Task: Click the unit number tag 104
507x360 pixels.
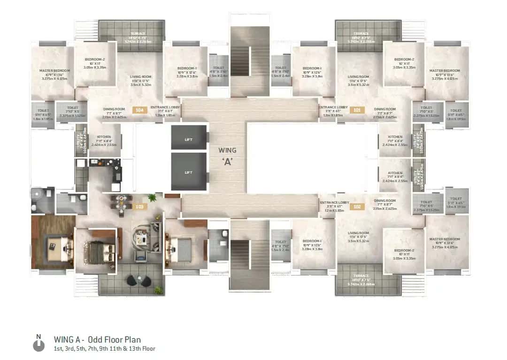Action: pos(140,110)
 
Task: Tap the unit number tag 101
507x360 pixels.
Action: pos(357,110)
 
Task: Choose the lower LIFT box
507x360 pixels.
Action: pos(189,172)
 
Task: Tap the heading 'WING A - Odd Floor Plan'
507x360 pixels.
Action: pos(97,339)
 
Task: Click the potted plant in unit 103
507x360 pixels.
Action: pos(151,198)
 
